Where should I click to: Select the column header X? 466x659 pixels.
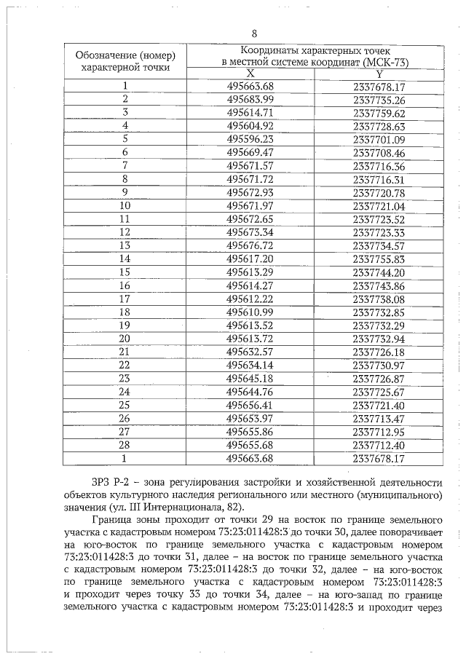tap(250, 74)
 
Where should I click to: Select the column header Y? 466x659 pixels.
tap(379, 74)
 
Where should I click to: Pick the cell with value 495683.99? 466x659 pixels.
tap(250, 100)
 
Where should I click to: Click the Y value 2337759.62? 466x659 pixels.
tap(379, 113)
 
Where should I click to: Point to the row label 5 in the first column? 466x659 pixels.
tap(125, 139)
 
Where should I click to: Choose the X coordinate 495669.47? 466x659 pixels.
tap(250, 152)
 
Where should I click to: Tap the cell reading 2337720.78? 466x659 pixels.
tap(379, 192)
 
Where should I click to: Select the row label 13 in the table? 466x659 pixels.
tap(125, 245)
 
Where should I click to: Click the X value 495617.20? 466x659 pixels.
tap(250, 259)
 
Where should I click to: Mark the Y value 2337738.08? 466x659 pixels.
tap(379, 299)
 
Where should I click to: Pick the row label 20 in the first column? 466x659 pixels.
tap(125, 339)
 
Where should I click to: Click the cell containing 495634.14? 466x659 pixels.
tap(250, 365)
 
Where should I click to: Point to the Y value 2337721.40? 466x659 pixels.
tap(379, 405)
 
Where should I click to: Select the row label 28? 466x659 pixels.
tap(125, 445)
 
